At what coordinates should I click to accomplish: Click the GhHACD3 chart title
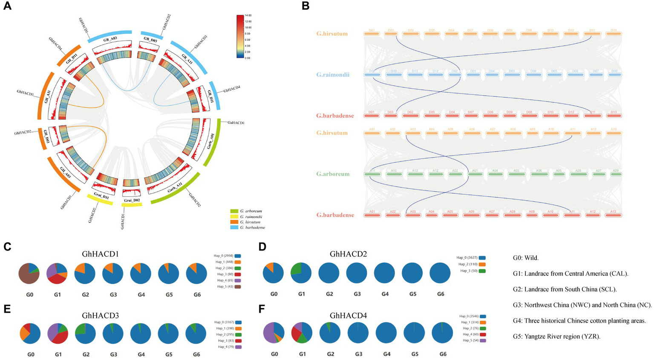[x=100, y=316]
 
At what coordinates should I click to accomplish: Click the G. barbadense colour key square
[x=234, y=228]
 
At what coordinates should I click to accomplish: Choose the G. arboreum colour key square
[x=234, y=211]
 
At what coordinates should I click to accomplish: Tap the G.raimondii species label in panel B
[x=333, y=75]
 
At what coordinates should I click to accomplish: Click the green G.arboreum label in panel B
[x=333, y=174]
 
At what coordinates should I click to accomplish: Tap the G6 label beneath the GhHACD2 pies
[x=441, y=294]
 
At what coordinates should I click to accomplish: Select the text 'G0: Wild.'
[x=526, y=258]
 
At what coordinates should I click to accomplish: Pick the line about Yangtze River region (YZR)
[x=557, y=337]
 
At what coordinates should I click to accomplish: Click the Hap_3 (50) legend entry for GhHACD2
[x=468, y=271]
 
